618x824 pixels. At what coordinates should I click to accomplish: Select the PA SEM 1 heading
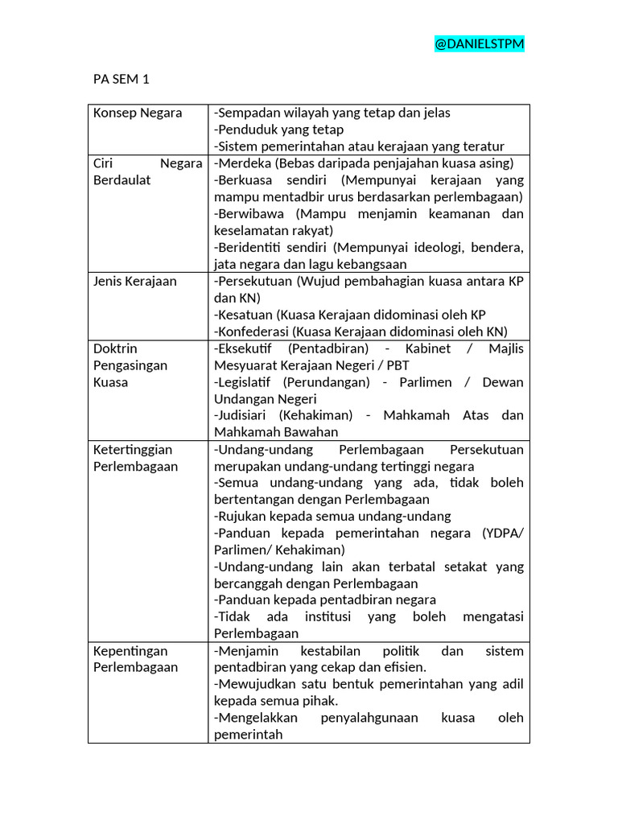coord(122,79)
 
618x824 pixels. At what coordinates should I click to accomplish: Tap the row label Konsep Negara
coord(138,113)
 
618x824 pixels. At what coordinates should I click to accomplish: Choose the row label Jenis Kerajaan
coord(135,282)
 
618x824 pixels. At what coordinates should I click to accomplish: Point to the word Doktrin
coord(115,348)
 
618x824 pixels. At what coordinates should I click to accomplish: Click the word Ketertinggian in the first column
coord(133,449)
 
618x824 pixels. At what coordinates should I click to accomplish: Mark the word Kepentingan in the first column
coord(130,650)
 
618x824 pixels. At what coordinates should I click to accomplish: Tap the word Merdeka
coord(243,163)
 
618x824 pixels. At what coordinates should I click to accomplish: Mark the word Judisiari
coord(242,415)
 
